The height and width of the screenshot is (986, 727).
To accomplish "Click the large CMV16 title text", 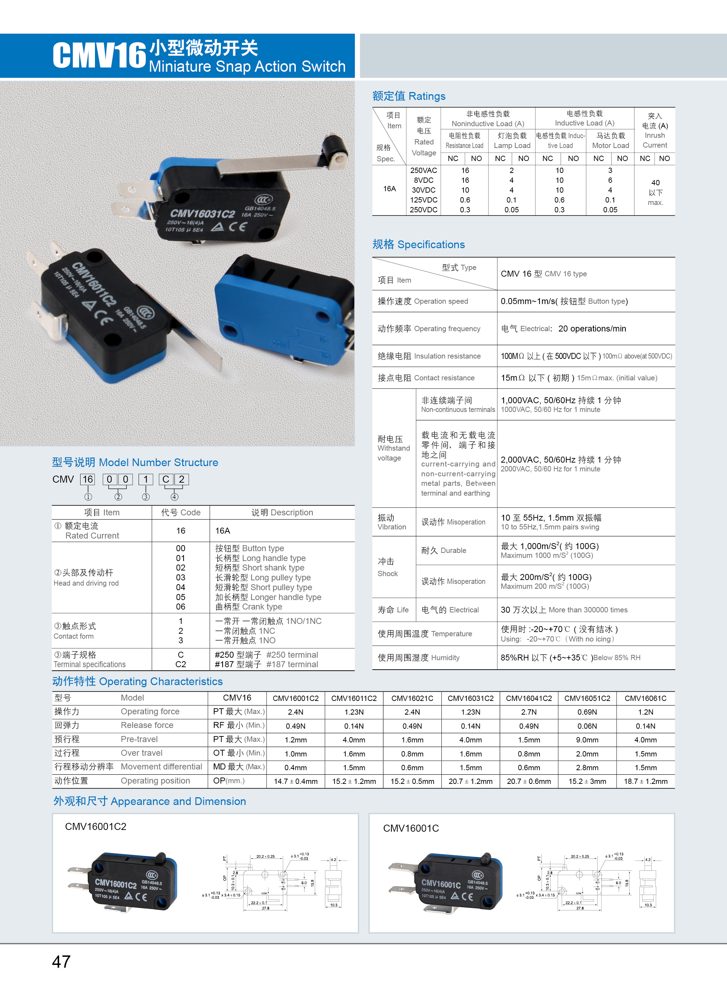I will tap(99, 56).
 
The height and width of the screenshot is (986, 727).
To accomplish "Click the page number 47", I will tap(61, 961).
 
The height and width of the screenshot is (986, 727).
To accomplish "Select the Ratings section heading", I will tap(408, 96).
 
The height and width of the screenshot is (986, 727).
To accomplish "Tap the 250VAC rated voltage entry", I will tap(423, 170).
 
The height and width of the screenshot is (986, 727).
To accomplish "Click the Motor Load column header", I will tap(610, 140).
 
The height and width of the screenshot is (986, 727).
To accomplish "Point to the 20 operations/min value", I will tap(592, 329).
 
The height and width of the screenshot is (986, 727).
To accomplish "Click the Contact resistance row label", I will tap(426, 378).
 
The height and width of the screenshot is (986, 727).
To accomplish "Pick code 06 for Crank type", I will tap(180, 606).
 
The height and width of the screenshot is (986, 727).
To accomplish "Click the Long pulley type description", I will tap(263, 578).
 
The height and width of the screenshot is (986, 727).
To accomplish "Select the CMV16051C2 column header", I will tap(587, 698).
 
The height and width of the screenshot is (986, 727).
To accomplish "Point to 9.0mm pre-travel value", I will tap(587, 740).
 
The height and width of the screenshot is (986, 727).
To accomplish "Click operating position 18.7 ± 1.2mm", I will tap(645, 781).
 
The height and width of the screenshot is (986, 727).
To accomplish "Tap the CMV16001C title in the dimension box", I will tap(410, 828).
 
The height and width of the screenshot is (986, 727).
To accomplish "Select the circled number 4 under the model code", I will tap(174, 497).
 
